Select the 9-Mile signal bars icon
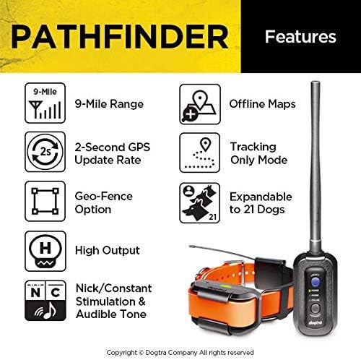click(42, 103)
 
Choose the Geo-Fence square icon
click(42, 201)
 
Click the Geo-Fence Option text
click(103, 202)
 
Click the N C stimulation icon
click(42, 300)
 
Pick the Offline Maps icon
click(198, 103)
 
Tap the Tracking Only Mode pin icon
click(198, 153)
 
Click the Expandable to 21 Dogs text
click(260, 203)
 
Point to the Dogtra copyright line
click(180, 346)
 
